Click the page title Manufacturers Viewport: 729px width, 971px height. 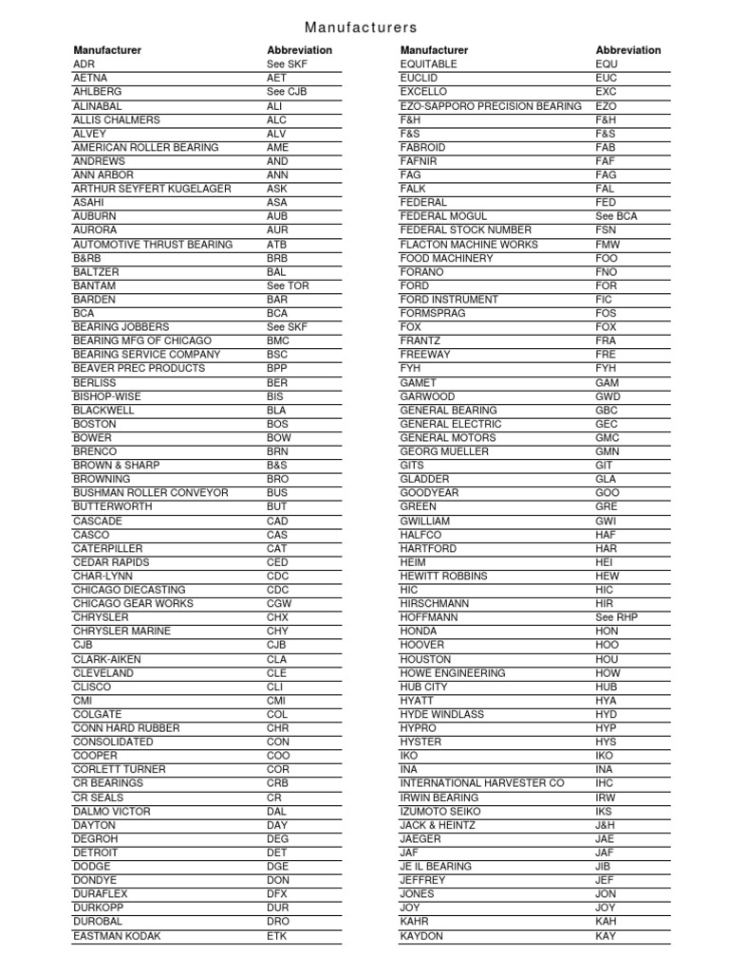(361, 27)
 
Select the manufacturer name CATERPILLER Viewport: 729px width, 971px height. (107, 548)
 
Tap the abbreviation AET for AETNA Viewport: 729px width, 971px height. (276, 79)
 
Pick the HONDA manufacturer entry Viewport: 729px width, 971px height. (419, 632)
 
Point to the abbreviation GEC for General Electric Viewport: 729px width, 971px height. (606, 424)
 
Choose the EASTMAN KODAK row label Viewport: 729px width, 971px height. (117, 936)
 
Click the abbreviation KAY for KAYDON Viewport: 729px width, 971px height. (606, 936)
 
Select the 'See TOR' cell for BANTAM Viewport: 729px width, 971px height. (288, 285)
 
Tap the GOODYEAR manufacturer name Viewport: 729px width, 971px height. (429, 493)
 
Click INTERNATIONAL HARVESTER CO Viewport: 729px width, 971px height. (481, 783)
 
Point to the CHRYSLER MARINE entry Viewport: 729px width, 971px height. (121, 632)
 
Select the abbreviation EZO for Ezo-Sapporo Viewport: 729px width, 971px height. (606, 106)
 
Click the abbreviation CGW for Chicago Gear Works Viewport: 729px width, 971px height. (279, 604)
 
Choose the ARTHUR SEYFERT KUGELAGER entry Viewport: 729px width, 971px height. (152, 189)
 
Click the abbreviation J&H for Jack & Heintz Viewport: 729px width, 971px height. (606, 825)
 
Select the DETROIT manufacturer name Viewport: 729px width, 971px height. (97, 852)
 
